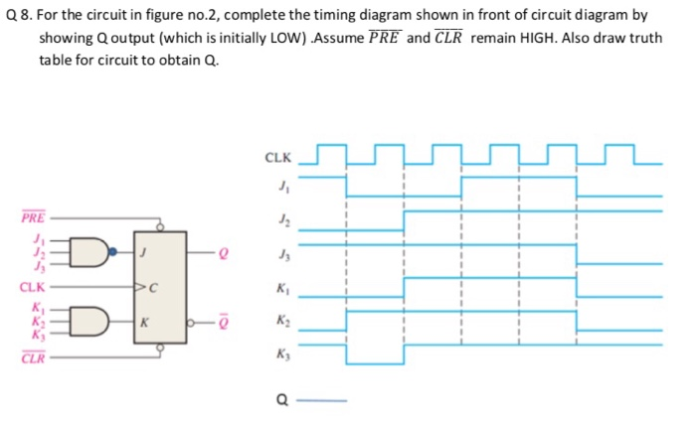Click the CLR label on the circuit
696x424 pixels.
pyautogui.click(x=32, y=358)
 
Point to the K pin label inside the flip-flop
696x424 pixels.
pyautogui.click(x=145, y=323)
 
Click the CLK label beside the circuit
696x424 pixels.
pyautogui.click(x=31, y=287)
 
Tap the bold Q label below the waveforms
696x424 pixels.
pyautogui.click(x=283, y=401)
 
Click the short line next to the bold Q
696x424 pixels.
pyautogui.click(x=324, y=401)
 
